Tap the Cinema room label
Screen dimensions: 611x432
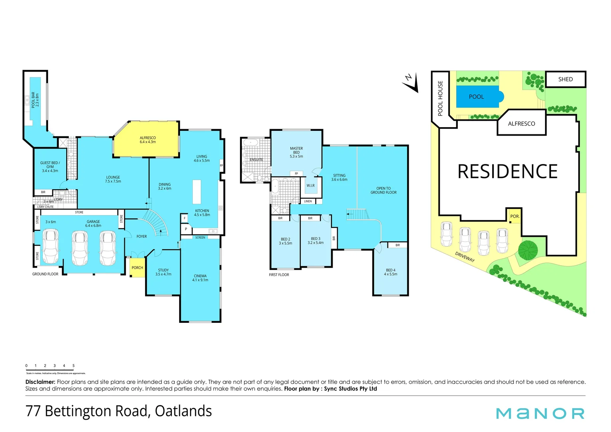tap(200, 278)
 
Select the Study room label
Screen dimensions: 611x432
tap(163, 272)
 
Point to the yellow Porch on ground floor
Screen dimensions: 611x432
tap(137, 268)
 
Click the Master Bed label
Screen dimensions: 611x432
tap(296, 152)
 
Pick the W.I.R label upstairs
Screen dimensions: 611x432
tap(310, 186)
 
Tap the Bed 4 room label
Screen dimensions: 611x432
tap(391, 272)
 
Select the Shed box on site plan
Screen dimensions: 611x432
tap(565, 79)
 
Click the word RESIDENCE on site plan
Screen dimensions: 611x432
tap(507, 172)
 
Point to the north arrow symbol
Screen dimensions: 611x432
tap(411, 82)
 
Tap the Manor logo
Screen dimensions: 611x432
tap(540, 413)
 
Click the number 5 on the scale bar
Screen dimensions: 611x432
tap(74, 366)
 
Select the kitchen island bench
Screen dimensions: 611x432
tap(197, 192)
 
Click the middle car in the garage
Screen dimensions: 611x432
tap(80, 248)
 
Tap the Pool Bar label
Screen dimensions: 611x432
tap(35, 100)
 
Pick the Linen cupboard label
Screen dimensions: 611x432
tap(308, 201)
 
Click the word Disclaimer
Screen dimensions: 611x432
tap(40, 382)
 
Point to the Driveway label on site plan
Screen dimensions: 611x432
tap(465, 257)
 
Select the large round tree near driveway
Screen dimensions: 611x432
tap(528, 250)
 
